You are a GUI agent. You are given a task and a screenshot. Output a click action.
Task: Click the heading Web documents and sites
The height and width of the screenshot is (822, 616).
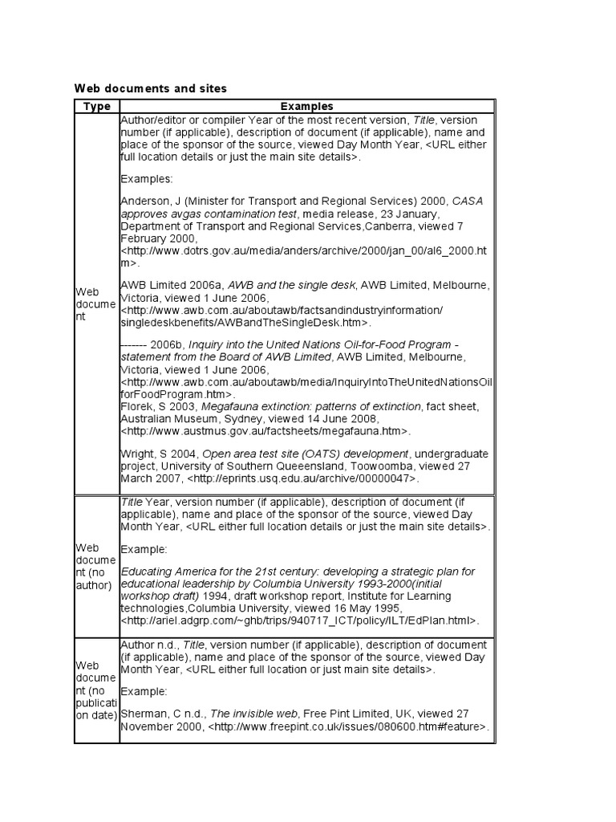(x=150, y=87)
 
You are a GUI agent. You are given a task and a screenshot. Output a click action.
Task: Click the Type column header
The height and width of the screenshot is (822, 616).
(x=96, y=106)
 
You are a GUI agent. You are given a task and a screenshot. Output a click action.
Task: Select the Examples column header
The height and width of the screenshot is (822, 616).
(x=306, y=106)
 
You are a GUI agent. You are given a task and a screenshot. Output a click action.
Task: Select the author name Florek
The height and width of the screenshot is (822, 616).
(x=135, y=407)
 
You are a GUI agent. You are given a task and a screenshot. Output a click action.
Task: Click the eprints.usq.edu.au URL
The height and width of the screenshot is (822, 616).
(x=304, y=478)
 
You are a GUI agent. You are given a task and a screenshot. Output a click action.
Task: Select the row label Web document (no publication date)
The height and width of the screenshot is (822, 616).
(x=96, y=690)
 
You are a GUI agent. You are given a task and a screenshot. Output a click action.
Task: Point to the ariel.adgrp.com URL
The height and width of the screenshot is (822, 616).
(x=299, y=621)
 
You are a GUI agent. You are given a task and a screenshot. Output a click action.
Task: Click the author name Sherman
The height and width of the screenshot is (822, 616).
(x=142, y=714)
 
